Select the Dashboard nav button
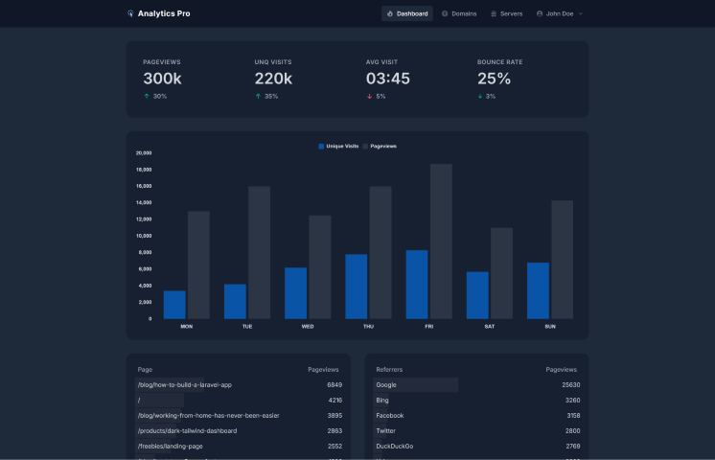(407, 13)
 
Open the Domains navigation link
(459, 13)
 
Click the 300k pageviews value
(162, 79)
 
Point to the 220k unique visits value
(273, 79)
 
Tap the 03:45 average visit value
(387, 79)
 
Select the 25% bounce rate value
(494, 79)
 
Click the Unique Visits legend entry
(338, 146)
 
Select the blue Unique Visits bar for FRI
(417, 284)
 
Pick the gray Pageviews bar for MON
(198, 264)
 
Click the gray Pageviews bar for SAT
(501, 272)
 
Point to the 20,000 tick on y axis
(144, 152)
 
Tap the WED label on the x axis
(307, 326)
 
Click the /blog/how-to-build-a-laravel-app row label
(185, 384)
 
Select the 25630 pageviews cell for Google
(570, 384)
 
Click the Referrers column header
(389, 369)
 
